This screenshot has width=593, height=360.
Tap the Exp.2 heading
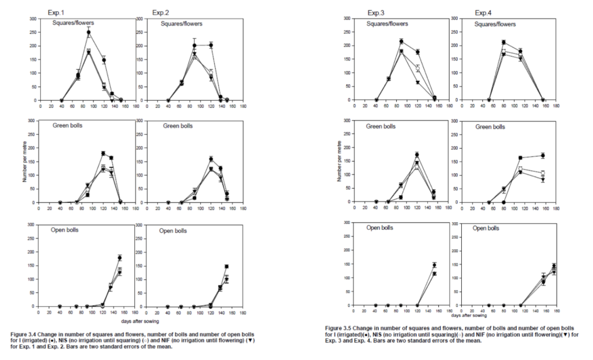[159, 12]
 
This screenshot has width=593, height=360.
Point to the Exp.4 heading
[483, 12]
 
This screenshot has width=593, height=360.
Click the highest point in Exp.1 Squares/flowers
[88, 32]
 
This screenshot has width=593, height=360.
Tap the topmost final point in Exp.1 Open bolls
[120, 257]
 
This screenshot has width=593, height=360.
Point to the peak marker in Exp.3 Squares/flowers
[401, 41]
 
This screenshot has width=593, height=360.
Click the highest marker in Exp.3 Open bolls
[434, 265]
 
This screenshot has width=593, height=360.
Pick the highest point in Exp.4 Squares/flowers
[503, 42]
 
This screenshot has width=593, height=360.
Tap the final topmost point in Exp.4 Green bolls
[543, 155]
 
